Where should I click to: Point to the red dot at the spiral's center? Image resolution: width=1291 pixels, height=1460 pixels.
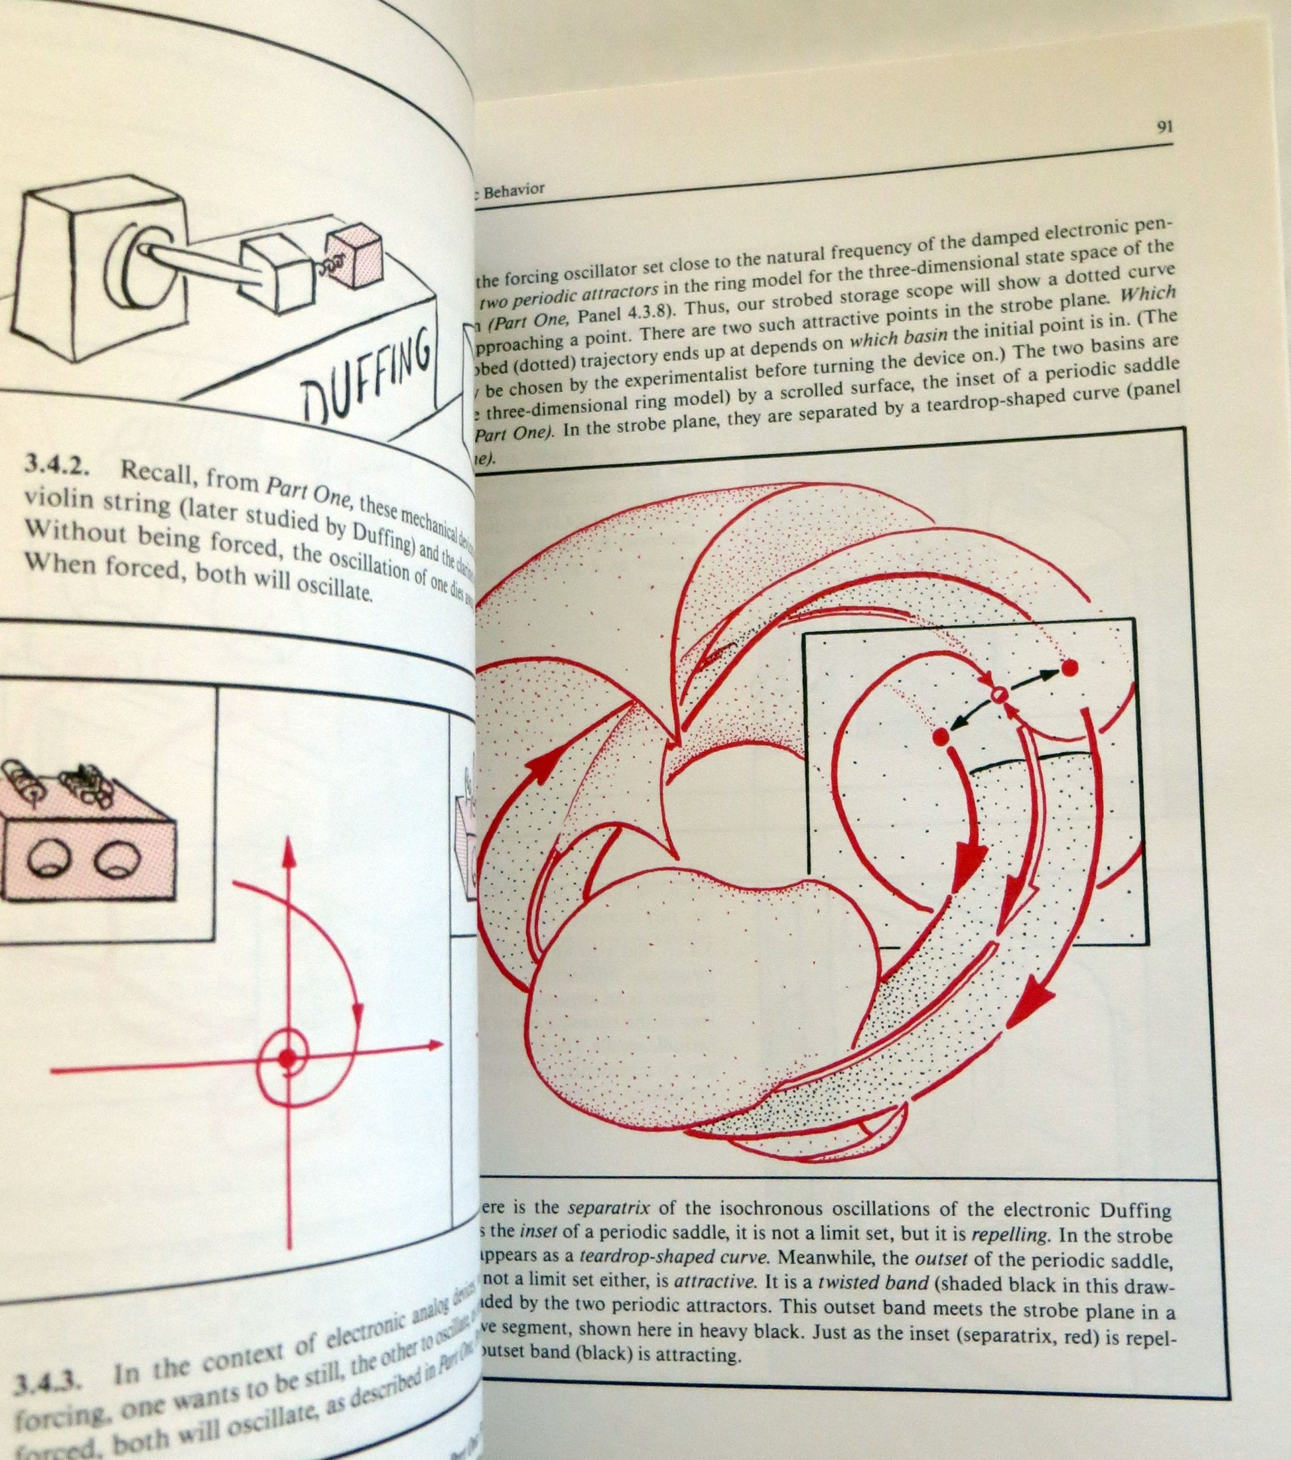[x=287, y=1058]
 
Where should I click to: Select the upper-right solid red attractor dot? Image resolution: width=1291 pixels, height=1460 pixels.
[x=1069, y=668]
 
